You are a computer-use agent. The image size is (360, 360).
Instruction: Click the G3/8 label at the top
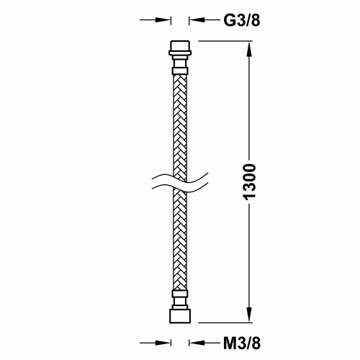point(242,20)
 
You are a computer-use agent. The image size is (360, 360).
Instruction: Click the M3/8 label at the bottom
point(242,343)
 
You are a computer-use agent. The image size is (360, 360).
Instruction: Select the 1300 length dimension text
point(249,182)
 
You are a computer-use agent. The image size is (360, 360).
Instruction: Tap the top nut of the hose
point(180,45)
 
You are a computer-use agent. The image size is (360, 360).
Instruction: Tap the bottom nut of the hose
point(180,316)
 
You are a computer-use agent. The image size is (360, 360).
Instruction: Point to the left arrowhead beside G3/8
point(163,20)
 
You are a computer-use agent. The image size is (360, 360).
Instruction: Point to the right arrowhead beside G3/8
point(197,20)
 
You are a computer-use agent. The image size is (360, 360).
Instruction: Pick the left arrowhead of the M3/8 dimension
point(163,343)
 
